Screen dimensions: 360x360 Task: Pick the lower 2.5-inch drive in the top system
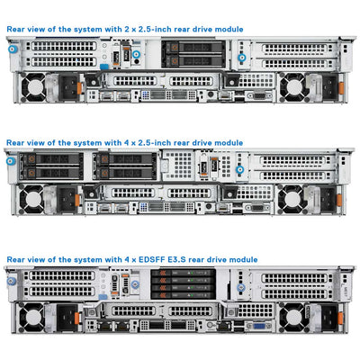pos(184,61)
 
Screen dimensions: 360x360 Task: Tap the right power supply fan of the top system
pos(293,87)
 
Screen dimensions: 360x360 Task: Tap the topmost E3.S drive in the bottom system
pos(175,274)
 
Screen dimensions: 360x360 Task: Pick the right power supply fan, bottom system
pos(293,315)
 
